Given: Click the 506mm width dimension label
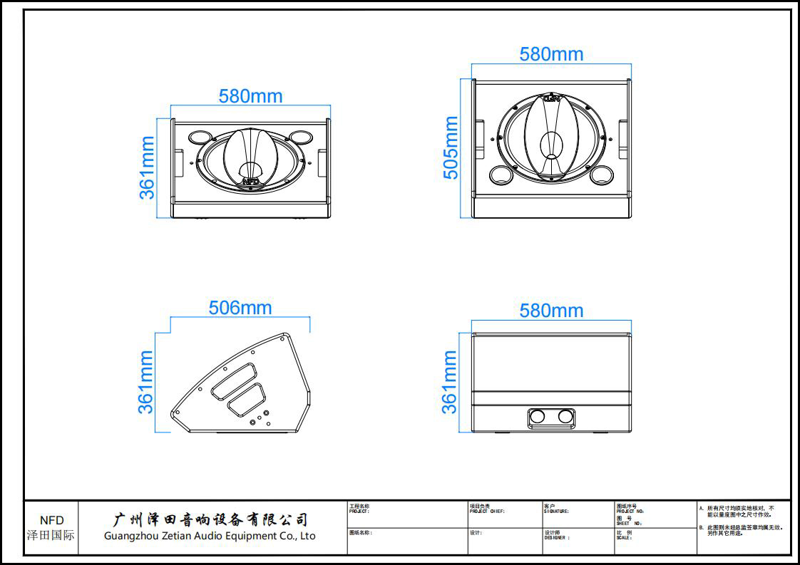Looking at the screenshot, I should (240, 308).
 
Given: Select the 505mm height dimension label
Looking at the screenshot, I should (451, 148).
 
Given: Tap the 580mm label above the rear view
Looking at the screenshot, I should (551, 311).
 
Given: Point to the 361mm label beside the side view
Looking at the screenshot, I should (146, 382).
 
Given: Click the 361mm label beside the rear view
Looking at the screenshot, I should (450, 382).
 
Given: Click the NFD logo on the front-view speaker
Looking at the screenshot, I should (250, 182).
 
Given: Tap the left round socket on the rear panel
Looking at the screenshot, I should (538, 416).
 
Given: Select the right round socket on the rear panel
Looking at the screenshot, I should (565, 416).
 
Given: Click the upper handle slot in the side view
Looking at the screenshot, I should (233, 378).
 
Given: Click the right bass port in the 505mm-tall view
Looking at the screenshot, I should (602, 174).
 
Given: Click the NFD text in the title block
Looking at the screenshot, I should (51, 520).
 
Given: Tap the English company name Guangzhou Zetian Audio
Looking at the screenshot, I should (210, 536).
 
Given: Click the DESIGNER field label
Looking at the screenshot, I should (557, 538).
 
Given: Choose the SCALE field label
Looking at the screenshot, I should (624, 538).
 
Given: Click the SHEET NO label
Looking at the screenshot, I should (629, 523).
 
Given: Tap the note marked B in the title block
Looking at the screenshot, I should (742, 530).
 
